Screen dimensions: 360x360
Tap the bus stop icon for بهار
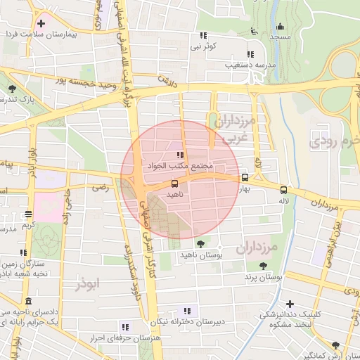tap(245, 177)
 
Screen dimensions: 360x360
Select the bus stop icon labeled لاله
tap(283, 189)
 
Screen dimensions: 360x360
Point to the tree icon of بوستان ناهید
tap(202, 243)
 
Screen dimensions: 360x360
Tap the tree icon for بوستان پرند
tap(263, 266)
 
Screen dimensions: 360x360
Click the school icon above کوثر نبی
tap(203, 35)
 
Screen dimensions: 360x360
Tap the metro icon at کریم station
tap(28, 214)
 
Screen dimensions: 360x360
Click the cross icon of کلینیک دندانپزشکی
tap(290, 303)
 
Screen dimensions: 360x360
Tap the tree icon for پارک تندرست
tap(13, 88)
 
